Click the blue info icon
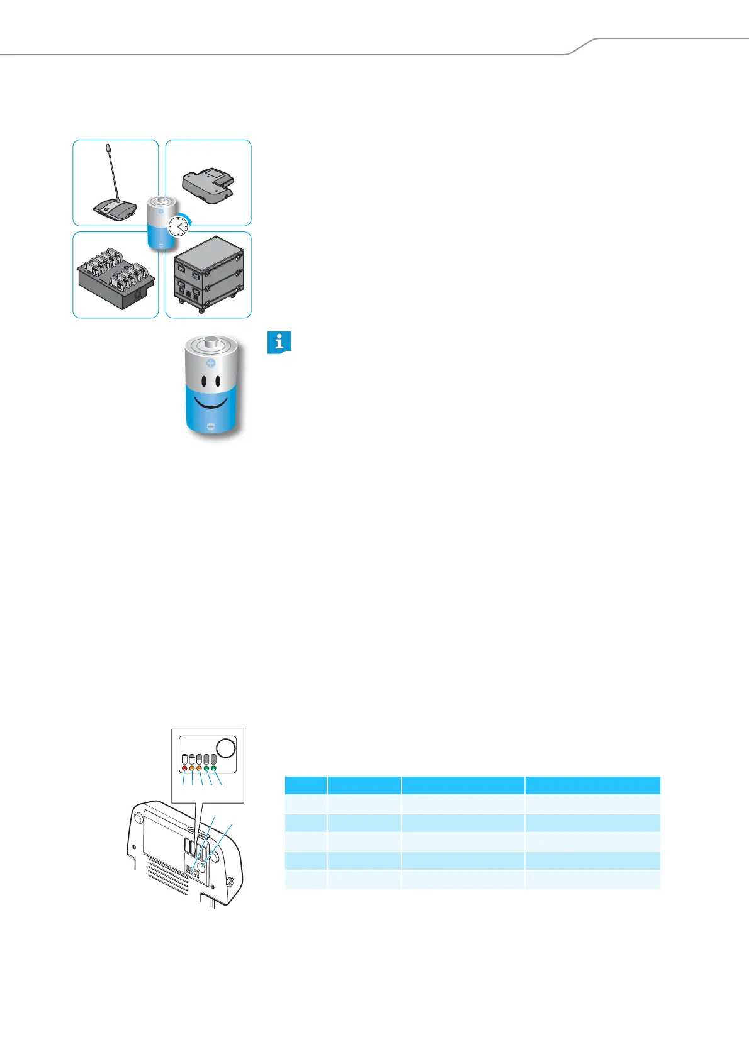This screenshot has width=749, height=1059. pyautogui.click(x=279, y=343)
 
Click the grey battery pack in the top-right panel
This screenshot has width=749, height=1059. pyautogui.click(x=208, y=185)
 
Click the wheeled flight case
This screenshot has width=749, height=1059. pyautogui.click(x=208, y=275)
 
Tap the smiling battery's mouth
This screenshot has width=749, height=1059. pyautogui.click(x=211, y=402)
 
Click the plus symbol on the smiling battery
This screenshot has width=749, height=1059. pyautogui.click(x=211, y=363)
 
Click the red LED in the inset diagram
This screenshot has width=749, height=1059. pyautogui.click(x=184, y=768)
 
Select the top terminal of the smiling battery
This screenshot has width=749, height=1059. pyautogui.click(x=211, y=344)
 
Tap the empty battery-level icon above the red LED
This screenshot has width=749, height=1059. pyautogui.click(x=184, y=759)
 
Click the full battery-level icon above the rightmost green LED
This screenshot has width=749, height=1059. pyautogui.click(x=214, y=759)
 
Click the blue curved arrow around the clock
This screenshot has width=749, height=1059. pyautogui.click(x=189, y=214)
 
